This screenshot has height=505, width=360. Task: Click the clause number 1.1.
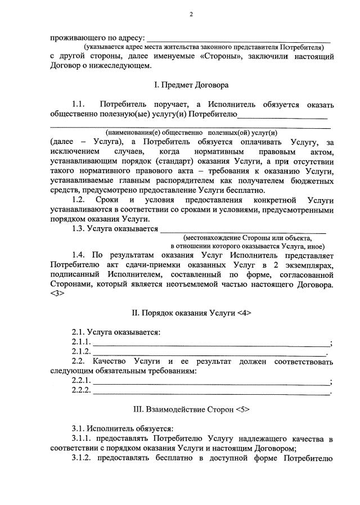78,105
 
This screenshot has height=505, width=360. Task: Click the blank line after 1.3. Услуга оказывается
243,229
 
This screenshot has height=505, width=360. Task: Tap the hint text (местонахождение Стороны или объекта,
247,238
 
